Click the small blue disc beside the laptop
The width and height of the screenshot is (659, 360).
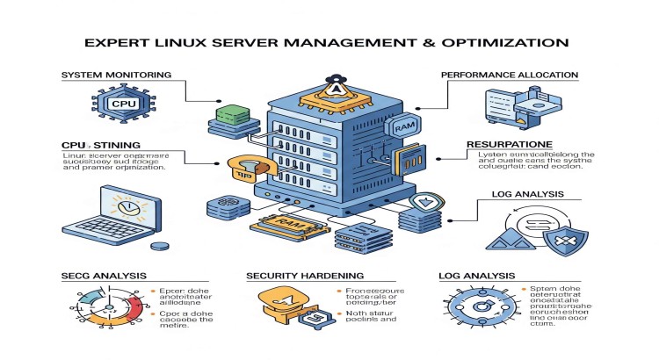click(159, 248)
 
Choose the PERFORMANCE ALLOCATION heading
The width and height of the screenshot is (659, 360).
click(510, 76)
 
